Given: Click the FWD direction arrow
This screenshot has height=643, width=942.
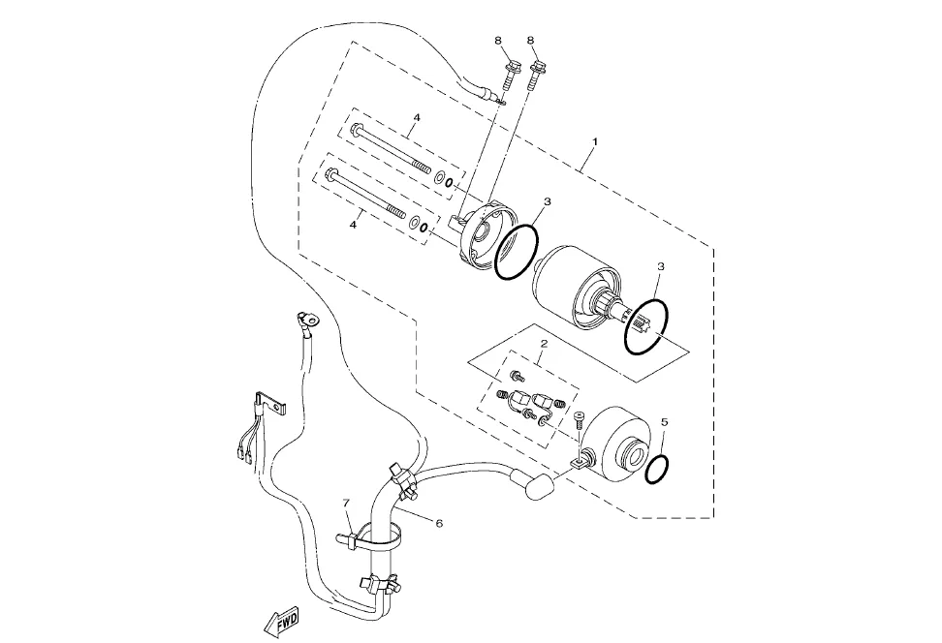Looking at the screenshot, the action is pyautogui.click(x=281, y=624).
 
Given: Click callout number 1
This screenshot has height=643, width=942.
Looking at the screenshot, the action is pyautogui.click(x=595, y=141).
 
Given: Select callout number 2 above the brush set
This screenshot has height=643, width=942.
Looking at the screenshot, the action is pyautogui.click(x=544, y=344).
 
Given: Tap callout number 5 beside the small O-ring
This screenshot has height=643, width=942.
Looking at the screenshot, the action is pyautogui.click(x=664, y=422).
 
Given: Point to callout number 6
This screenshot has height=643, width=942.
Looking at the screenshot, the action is pyautogui.click(x=439, y=524).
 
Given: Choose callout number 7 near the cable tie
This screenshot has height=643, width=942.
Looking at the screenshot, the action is pyautogui.click(x=346, y=502).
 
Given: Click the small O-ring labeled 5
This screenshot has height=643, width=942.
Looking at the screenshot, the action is pyautogui.click(x=657, y=469).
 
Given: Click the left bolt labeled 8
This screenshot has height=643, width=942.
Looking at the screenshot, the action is pyautogui.click(x=512, y=75).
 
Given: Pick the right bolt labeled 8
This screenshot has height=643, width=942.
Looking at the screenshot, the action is pyautogui.click(x=536, y=75).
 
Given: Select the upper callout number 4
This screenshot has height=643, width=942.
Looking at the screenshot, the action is pyautogui.click(x=417, y=117).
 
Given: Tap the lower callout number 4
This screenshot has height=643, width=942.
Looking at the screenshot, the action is pyautogui.click(x=353, y=224).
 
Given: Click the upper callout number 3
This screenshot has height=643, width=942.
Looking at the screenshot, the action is pyautogui.click(x=546, y=201).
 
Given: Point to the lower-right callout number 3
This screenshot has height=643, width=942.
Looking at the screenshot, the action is pyautogui.click(x=661, y=266).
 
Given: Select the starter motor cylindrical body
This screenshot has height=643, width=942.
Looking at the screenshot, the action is pyautogui.click(x=576, y=287).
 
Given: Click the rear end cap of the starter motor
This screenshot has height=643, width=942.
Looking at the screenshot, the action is pyautogui.click(x=618, y=439).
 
